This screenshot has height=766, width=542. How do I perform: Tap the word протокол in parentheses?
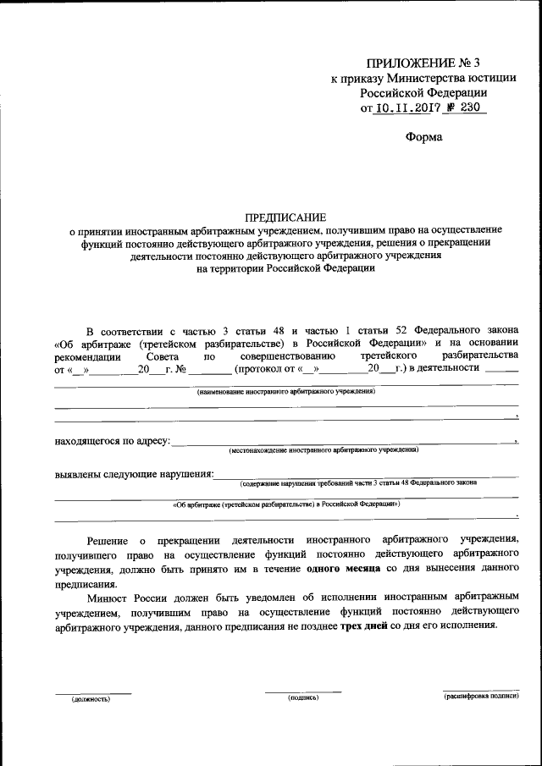(x=262, y=369)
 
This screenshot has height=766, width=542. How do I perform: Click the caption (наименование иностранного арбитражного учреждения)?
(x=286, y=392)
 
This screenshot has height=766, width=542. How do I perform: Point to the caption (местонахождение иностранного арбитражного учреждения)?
(x=324, y=450)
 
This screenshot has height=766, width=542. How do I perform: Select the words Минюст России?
(x=124, y=598)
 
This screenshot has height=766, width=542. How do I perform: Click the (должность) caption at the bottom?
(x=91, y=699)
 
